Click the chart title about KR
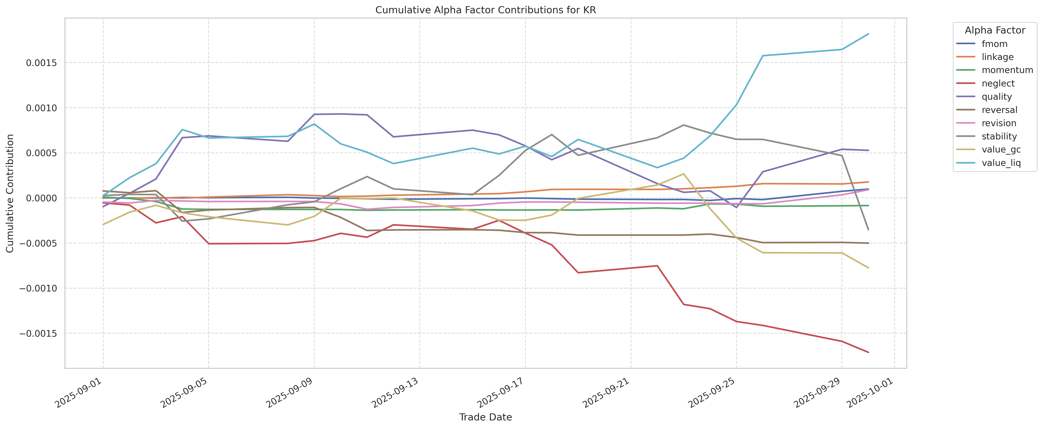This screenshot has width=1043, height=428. coord(485,10)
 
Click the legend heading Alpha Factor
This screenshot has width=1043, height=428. coord(995,30)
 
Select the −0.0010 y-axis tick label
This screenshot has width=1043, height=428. coord(38,288)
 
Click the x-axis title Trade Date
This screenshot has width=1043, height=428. coord(485,417)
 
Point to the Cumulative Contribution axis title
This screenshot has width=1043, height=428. coord(10,193)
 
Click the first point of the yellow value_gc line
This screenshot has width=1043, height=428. coord(103,225)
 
